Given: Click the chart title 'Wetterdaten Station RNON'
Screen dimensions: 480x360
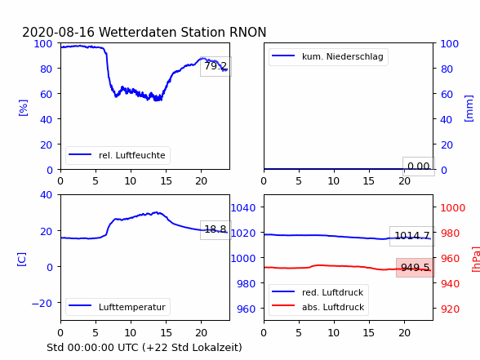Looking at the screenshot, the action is (183, 32).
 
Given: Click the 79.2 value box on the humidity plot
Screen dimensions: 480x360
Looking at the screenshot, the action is (216, 66).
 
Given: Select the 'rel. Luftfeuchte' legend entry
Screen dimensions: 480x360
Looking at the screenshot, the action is (118, 155).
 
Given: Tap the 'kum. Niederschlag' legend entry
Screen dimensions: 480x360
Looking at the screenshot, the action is (328, 56).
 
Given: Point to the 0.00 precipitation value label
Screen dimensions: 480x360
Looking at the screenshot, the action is (419, 167).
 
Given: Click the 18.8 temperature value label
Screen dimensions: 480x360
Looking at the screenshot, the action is (216, 229).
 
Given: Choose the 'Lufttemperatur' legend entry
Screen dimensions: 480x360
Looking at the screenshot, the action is (118, 307).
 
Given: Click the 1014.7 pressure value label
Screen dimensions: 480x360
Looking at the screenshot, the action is (412, 236).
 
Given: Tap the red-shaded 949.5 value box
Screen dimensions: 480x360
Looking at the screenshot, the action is (415, 268).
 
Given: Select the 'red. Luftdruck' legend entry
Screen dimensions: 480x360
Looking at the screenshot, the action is (318, 292).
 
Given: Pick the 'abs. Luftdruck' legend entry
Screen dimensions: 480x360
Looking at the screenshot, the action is (318, 307).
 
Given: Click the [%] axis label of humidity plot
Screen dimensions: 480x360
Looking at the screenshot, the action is (23, 108).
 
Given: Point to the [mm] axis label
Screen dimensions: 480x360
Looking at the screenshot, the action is (469, 109).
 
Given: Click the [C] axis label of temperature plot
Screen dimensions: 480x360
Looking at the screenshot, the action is (21, 260).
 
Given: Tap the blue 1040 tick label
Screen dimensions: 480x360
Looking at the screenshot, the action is (243, 208).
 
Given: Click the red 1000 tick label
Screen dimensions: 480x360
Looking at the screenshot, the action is (453, 208).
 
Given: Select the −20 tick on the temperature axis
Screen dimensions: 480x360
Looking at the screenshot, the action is (42, 304).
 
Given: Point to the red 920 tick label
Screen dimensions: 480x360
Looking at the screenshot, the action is (450, 309).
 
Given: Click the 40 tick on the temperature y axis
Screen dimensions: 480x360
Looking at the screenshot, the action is (46, 194).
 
